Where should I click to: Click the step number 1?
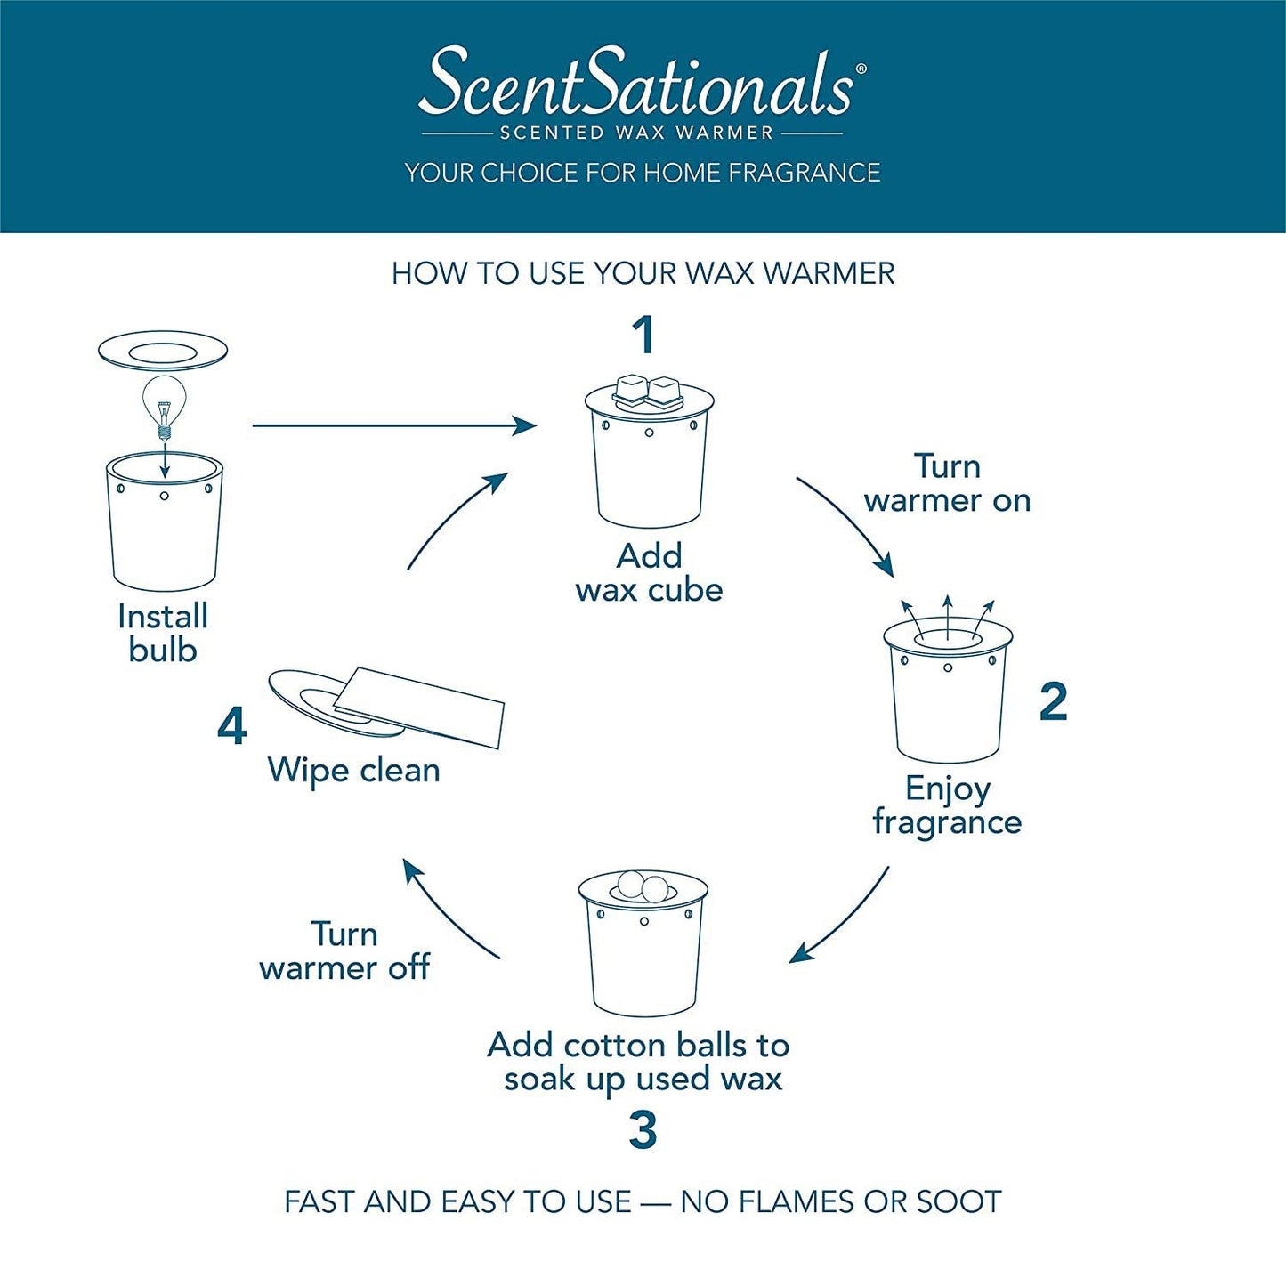pos(644,335)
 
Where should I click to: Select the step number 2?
pos(1053,701)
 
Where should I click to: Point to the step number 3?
pos(643,1130)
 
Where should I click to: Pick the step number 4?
pos(232,727)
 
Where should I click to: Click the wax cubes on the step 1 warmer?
pos(647,392)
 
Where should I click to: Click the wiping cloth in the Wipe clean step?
pos(419,708)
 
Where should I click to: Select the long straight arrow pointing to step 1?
pos(394,425)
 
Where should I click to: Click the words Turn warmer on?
pos(947,483)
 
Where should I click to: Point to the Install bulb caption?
pos(163,633)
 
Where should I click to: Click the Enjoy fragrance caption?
pos(947,805)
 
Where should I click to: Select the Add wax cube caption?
pos(649,573)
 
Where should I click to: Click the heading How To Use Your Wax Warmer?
pos(643,273)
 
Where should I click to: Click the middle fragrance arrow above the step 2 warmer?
pos(947,618)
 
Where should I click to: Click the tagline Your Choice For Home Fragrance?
pos(642,173)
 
